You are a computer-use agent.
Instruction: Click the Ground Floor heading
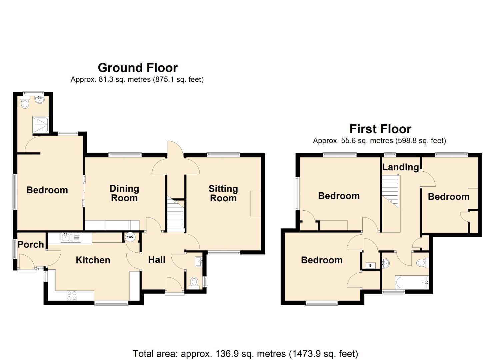pyautogui.click(x=138, y=68)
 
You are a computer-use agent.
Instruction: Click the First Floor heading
pyautogui.click(x=380, y=129)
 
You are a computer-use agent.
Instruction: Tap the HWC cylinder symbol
pyautogui.click(x=130, y=237)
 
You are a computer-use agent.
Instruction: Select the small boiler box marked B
pyautogui.click(x=370, y=266)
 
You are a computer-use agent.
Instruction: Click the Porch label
pyautogui.click(x=31, y=244)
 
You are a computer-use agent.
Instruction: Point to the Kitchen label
pyautogui.click(x=93, y=260)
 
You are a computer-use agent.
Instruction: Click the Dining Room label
pyautogui.click(x=124, y=193)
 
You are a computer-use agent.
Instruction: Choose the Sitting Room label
pyautogui.click(x=223, y=193)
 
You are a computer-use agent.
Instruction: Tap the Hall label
pyautogui.click(x=157, y=259)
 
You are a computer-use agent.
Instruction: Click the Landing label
pyautogui.click(x=400, y=167)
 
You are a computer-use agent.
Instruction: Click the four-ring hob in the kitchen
pyautogui.click(x=72, y=295)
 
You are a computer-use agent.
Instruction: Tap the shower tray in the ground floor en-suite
pyautogui.click(x=41, y=124)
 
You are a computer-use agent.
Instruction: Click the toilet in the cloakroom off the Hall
pyautogui.click(x=194, y=283)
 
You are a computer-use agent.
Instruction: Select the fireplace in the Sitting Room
pyautogui.click(x=255, y=203)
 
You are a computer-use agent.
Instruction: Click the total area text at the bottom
pyautogui.click(x=245, y=353)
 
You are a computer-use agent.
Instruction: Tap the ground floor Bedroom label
pyautogui.click(x=47, y=190)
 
